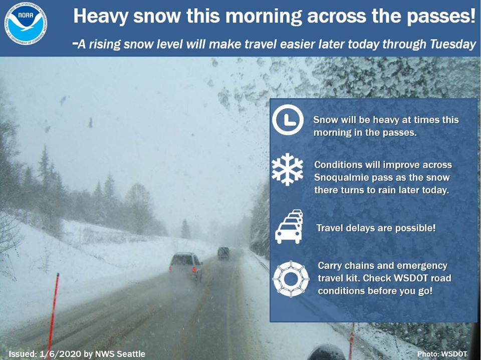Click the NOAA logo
(x=26, y=24)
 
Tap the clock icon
(x=288, y=120)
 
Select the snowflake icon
(x=288, y=170)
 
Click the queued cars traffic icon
(x=289, y=227)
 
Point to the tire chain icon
(x=291, y=279)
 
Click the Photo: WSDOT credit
(x=442, y=354)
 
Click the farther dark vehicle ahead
(x=223, y=253)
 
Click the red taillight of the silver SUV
(x=194, y=269)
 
